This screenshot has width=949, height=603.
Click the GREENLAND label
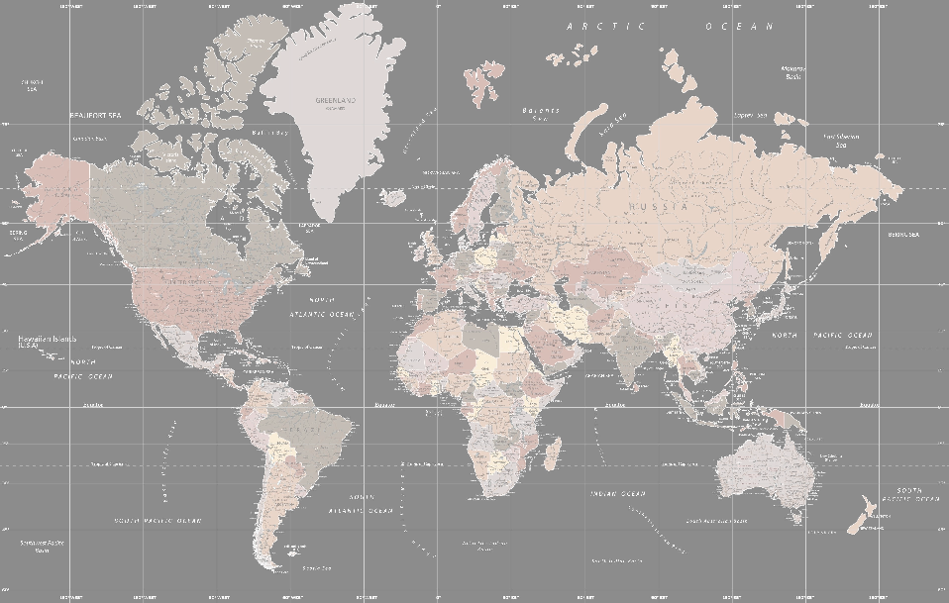(x=335, y=100)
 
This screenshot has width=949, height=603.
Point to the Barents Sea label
(x=541, y=114)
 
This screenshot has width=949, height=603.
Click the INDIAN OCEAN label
(x=617, y=493)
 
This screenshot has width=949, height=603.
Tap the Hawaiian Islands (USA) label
(x=47, y=343)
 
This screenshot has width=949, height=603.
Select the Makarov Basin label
(x=792, y=72)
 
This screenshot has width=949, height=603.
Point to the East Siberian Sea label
(x=841, y=140)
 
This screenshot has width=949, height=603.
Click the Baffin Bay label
(x=269, y=132)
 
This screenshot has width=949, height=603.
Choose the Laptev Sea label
(x=750, y=116)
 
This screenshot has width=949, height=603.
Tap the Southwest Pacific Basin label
(x=40, y=546)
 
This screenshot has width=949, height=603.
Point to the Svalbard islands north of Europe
(x=482, y=81)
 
